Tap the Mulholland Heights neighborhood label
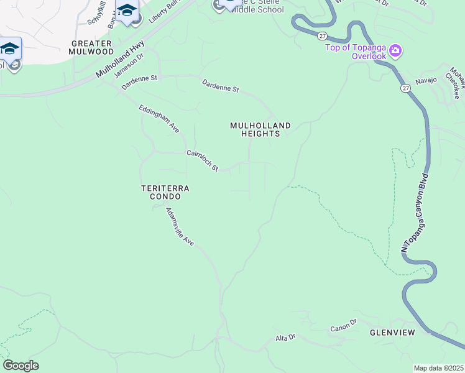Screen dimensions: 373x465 pos(260,129)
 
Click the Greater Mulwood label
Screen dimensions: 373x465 pos(91,48)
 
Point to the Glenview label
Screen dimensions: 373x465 pos(392,333)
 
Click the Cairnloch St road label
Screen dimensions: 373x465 pos(203,160)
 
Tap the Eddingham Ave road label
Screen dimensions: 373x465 pos(159,119)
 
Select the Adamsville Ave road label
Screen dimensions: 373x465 pos(180,226)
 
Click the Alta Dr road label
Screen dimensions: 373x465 pos(285,338)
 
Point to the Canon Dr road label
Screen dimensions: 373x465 pos(343,326)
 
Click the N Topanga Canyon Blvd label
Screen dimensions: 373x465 pos(415,208)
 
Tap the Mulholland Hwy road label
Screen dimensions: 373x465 pos(120,59)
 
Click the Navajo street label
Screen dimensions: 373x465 pos(426,80)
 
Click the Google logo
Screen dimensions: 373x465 pos(21,366)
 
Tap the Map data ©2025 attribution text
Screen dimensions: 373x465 pos(438,368)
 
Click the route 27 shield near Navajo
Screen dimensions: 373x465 pos(405,89)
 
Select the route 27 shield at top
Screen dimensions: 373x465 pos(322,37)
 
